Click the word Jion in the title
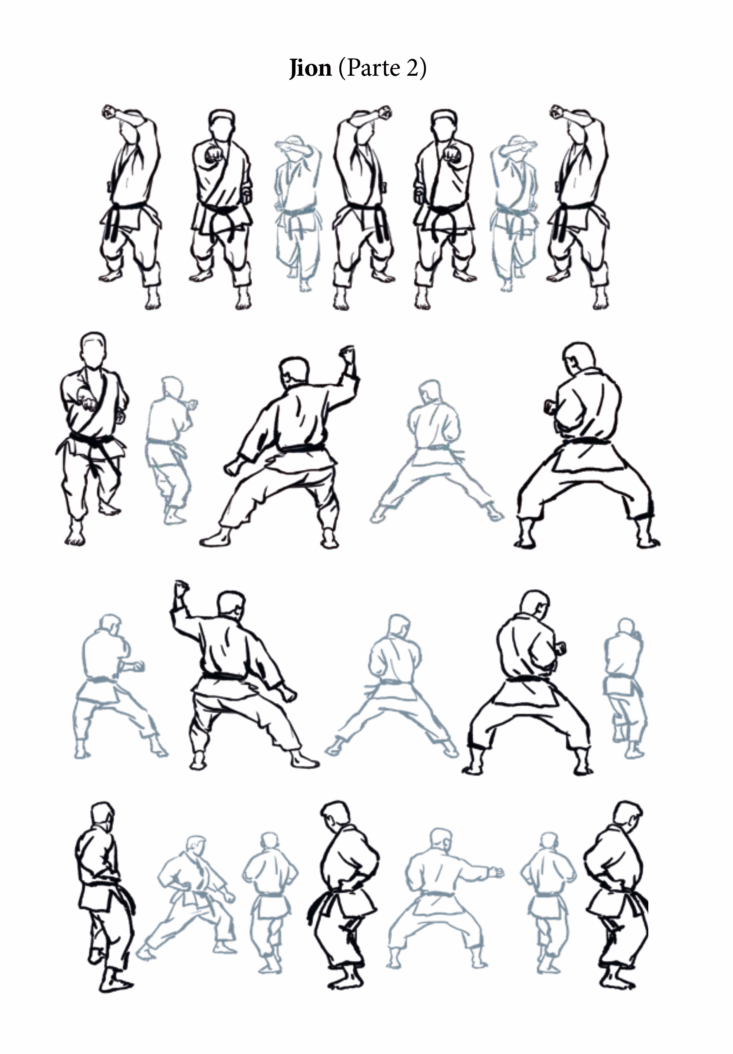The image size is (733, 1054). coord(310,69)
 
